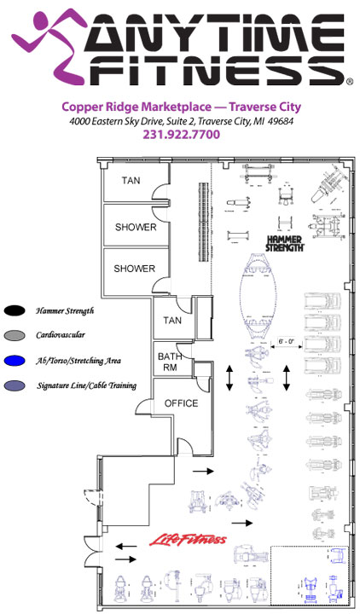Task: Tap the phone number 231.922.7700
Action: tap(181, 135)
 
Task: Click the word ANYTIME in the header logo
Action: tap(216, 32)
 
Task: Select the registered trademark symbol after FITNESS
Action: tap(350, 82)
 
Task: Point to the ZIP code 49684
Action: tap(279, 121)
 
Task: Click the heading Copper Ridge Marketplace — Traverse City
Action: tap(182, 107)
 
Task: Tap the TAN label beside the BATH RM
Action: tap(172, 321)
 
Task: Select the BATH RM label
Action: tap(169, 362)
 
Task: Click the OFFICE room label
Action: tap(181, 403)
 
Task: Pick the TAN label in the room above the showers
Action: tap(131, 181)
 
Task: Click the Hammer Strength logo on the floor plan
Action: tap(285, 244)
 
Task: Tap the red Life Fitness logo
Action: tap(188, 541)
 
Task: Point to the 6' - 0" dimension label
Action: tap(286, 341)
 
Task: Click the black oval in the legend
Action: tap(15, 311)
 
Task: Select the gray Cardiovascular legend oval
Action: tap(15, 335)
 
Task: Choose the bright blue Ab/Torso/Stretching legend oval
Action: tap(15, 361)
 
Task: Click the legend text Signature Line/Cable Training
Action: tap(86, 385)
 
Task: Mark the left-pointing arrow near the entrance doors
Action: tap(126, 546)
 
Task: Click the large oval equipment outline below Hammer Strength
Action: tap(257, 292)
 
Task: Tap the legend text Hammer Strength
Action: tap(65, 311)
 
